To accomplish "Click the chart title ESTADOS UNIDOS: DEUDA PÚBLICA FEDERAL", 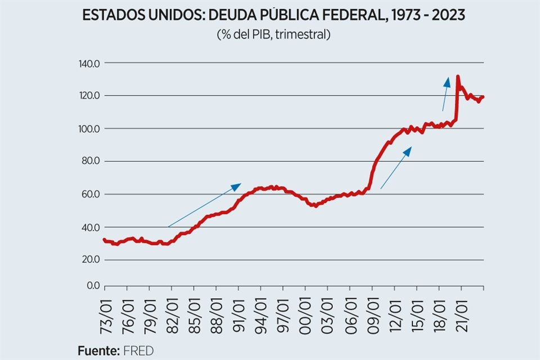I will click(x=273, y=15).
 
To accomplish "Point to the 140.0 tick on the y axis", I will click(x=89, y=63).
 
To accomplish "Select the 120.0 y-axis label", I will click(x=89, y=96).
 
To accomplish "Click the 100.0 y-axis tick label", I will click(x=89, y=129).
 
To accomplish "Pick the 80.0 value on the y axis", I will click(x=90, y=161).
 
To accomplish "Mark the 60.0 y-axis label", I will click(x=90, y=195).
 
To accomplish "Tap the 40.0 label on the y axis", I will click(x=90, y=227).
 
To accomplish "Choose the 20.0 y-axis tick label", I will click(x=90, y=260).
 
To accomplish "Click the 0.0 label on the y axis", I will click(x=92, y=286).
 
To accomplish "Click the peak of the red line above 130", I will click(x=458, y=76).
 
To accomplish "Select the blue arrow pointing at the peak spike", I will click(x=445, y=94).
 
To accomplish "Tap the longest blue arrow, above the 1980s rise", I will click(x=204, y=205).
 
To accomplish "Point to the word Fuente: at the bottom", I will click(x=98, y=351).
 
